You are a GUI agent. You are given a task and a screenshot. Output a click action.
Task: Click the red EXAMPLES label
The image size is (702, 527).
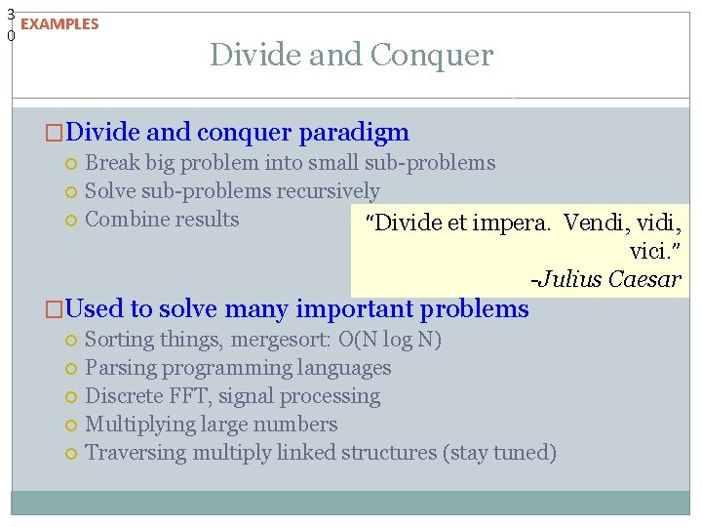[59, 24]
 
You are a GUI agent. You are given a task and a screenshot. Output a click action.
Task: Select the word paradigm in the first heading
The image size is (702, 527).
[354, 132]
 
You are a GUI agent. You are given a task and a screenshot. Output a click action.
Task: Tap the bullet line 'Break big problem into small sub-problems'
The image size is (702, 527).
[290, 163]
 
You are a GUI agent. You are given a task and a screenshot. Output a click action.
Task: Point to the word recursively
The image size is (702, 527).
[329, 191]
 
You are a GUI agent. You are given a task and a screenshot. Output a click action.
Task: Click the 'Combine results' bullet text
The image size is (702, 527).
[162, 220]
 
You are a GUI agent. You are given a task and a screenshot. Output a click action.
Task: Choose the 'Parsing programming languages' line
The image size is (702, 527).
[238, 368]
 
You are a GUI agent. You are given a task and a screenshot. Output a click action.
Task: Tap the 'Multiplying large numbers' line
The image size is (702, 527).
[212, 425]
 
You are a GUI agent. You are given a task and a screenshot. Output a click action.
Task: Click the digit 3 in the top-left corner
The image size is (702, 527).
[10, 14]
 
